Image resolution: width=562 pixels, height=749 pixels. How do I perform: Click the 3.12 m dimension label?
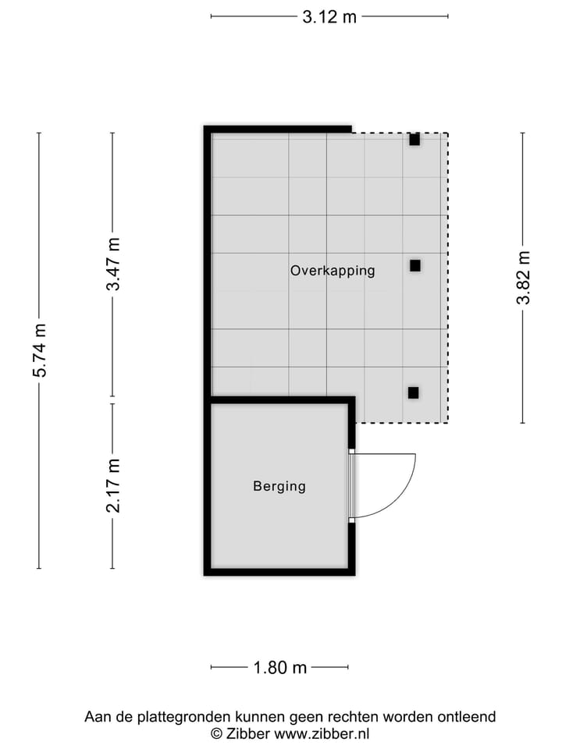click(x=329, y=16)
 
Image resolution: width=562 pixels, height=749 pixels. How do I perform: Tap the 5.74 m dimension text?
click(x=40, y=350)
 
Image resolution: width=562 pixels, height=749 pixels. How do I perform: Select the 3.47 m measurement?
click(x=114, y=264)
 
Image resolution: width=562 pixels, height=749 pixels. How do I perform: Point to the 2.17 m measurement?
click(x=114, y=486)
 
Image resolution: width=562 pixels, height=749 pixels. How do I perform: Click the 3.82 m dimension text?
click(x=523, y=278)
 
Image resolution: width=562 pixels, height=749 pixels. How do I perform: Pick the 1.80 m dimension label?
click(x=279, y=668)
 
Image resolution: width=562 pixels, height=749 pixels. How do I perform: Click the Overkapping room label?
click(x=333, y=271)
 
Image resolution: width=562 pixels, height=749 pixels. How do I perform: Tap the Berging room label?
click(x=279, y=486)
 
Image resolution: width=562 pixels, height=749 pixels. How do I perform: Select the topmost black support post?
click(x=414, y=140)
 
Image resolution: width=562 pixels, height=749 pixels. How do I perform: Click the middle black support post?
click(x=414, y=265)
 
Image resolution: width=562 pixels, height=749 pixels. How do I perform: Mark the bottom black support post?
click(x=413, y=392)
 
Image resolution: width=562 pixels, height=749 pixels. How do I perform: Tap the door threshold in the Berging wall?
click(x=351, y=485)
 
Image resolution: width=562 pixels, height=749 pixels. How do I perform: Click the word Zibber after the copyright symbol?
click(x=248, y=733)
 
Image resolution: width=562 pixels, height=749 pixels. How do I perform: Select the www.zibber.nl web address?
click(x=322, y=733)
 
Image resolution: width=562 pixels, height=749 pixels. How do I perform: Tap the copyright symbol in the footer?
click(x=216, y=733)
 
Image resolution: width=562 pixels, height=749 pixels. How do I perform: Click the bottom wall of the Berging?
click(x=279, y=572)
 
